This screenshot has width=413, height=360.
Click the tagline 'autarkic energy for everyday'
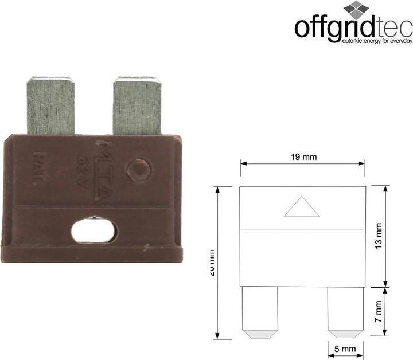[377, 41]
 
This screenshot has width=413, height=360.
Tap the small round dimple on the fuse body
[138, 170]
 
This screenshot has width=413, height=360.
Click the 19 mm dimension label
[303, 157]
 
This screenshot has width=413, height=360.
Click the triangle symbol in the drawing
[302, 208]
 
